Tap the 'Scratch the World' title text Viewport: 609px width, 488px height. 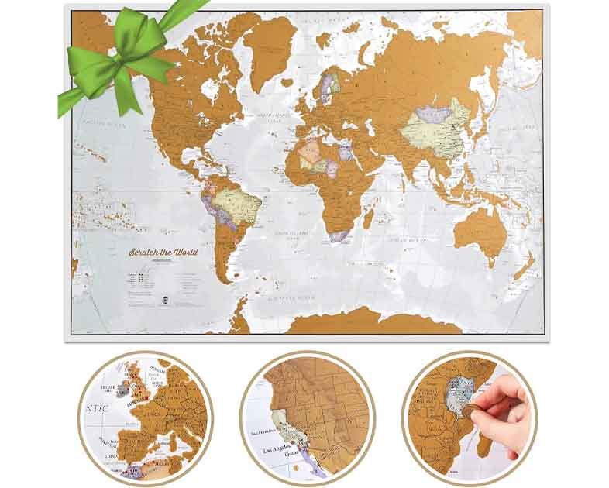tap(164, 253)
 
